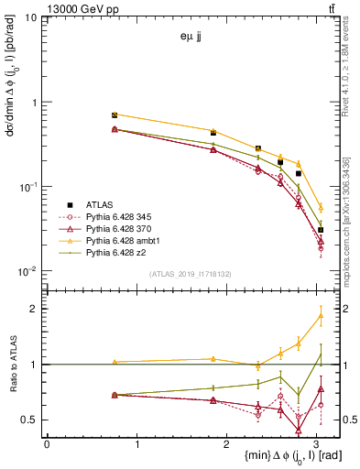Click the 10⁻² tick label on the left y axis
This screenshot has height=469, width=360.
pyautogui.click(x=27, y=271)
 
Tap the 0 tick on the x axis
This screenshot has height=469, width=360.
pyautogui.click(x=47, y=444)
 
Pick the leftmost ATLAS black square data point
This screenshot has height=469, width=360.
pyautogui.click(x=115, y=115)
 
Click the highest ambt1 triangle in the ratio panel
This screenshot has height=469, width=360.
pyautogui.click(x=321, y=316)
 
